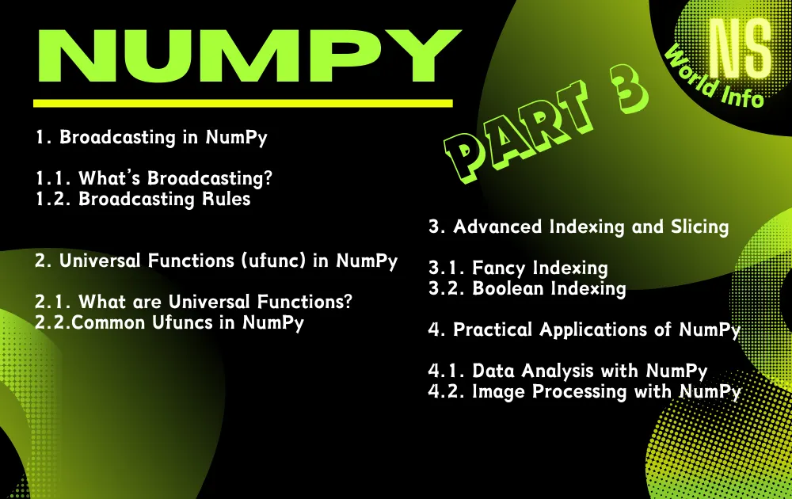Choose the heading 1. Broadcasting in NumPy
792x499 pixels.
pyautogui.click(x=151, y=137)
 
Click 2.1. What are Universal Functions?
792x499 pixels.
pyautogui.click(x=193, y=302)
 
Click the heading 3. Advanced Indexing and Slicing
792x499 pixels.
pyautogui.click(x=578, y=227)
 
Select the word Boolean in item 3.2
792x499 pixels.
pyautogui.click(x=505, y=288)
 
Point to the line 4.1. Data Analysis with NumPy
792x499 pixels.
pyautogui.click(x=568, y=370)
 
